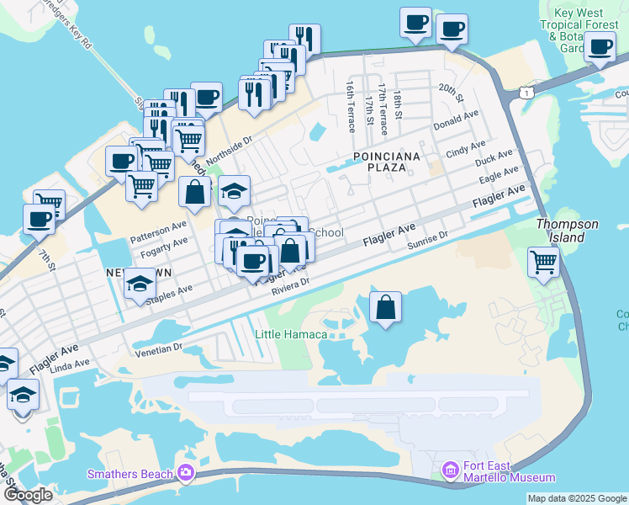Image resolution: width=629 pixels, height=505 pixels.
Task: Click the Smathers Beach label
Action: pyautogui.click(x=129, y=474)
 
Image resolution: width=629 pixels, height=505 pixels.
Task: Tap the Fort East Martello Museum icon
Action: pyautogui.click(x=450, y=468)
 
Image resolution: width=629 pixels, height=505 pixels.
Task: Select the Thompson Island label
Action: pyautogui.click(x=568, y=231)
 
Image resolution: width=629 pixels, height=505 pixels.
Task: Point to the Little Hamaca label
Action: pyautogui.click(x=291, y=334)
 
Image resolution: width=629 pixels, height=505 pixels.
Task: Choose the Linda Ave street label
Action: pyautogui.click(x=70, y=364)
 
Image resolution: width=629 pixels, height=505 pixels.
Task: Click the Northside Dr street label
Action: pyautogui.click(x=229, y=148)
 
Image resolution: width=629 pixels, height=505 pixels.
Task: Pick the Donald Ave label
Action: pyautogui.click(x=455, y=120)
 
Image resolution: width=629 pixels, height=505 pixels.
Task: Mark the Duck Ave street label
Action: pyautogui.click(x=493, y=160)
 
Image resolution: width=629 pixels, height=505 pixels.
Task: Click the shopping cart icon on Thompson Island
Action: pyautogui.click(x=543, y=262)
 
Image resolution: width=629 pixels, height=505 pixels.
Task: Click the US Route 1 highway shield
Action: pyautogui.click(x=524, y=90)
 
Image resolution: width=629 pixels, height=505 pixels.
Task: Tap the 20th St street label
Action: pyautogui.click(x=451, y=93)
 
